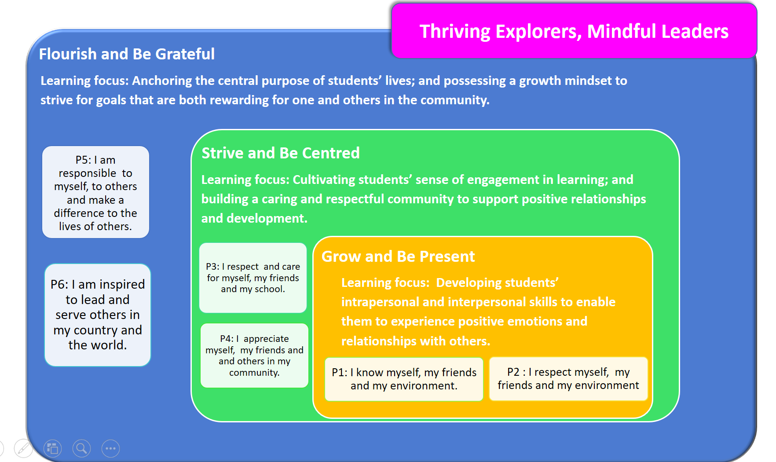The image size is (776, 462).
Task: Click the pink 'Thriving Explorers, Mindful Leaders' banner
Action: pos(574,31)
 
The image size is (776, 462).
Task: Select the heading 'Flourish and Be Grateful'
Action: pos(127,54)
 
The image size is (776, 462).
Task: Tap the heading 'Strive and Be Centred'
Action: pos(281,153)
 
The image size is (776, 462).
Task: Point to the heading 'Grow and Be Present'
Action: pos(398,257)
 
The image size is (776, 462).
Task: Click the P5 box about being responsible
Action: pos(95,192)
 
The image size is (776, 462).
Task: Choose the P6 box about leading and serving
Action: pos(98,315)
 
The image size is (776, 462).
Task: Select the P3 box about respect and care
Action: pos(253,278)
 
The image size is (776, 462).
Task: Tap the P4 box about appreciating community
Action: pos(254,356)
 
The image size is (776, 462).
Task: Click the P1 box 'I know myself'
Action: pos(404,379)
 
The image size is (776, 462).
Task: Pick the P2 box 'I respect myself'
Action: pos(568,378)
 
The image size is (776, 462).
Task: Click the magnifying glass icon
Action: pos(81,448)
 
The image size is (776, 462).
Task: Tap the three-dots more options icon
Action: pos(110,448)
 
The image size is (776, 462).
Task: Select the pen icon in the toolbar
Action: pos(23,448)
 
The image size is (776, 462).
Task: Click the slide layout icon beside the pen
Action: pos(52,448)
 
